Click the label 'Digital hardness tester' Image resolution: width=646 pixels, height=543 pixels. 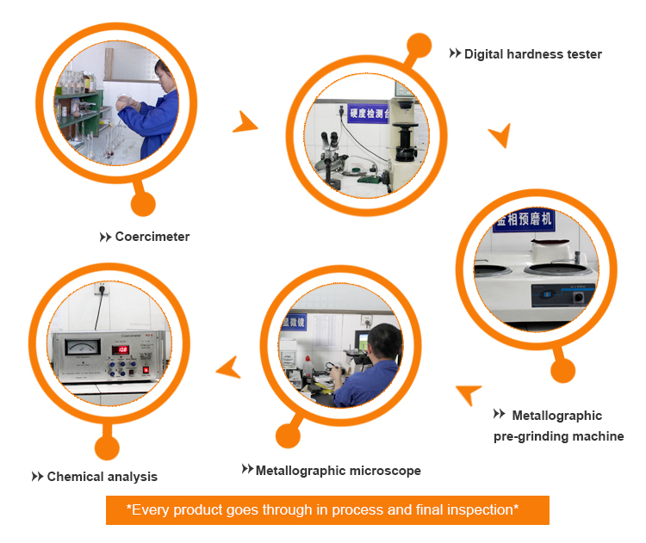pyautogui.click(x=532, y=54)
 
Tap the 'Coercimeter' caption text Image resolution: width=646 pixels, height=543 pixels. pyautogui.click(x=152, y=237)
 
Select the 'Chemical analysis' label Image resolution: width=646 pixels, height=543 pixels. pyautogui.click(x=102, y=477)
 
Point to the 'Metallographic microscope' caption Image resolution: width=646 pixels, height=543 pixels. pyautogui.click(x=338, y=471)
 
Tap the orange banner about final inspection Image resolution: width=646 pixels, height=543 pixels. pyautogui.click(x=326, y=510)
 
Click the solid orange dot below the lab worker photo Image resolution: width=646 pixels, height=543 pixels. pyautogui.click(x=143, y=204)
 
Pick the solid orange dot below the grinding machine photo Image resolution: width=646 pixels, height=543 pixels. pyautogui.click(x=562, y=371)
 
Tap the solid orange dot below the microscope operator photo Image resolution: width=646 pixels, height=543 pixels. pyautogui.click(x=289, y=434)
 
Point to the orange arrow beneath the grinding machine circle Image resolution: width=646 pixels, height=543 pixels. pyautogui.click(x=469, y=394)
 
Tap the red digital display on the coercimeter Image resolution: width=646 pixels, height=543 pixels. pyautogui.click(x=119, y=350)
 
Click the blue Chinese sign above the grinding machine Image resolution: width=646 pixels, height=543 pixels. pyautogui.click(x=524, y=222)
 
